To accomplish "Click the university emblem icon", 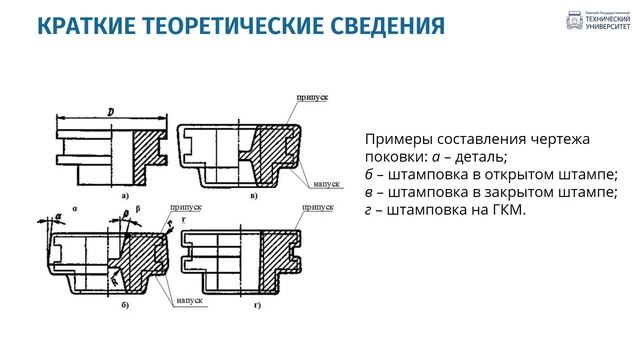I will [x=574, y=22].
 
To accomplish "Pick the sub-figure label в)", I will [x=254, y=196].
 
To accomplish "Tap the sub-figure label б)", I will [x=123, y=303].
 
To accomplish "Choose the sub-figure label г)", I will [x=257, y=303].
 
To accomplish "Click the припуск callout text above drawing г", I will [x=318, y=206].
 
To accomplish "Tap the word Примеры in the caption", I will [x=395, y=139].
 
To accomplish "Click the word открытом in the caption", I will [x=540, y=174].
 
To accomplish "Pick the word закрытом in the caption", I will [x=541, y=192].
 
